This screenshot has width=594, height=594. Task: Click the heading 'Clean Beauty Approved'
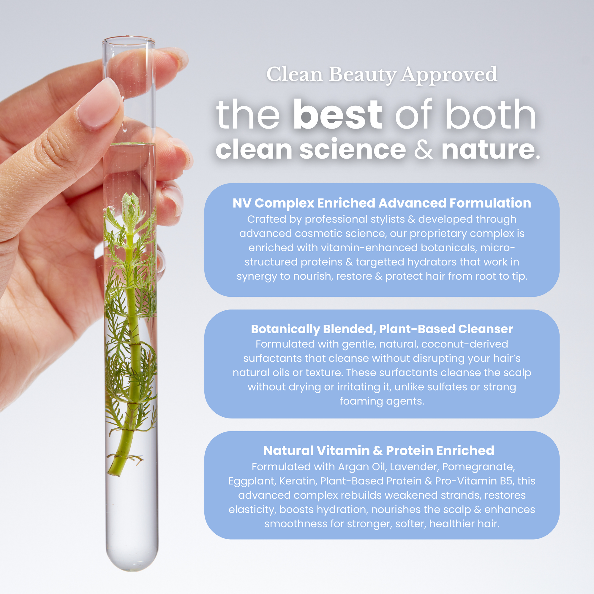click(x=382, y=75)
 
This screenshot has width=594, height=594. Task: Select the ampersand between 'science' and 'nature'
click(x=424, y=149)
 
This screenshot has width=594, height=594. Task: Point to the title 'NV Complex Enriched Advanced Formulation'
click(x=382, y=203)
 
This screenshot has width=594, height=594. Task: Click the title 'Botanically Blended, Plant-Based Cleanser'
click(x=382, y=329)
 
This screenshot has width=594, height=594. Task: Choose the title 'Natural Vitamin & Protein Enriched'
click(x=379, y=451)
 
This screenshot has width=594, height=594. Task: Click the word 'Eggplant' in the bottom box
click(x=252, y=481)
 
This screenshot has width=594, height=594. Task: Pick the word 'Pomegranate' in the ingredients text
click(x=478, y=467)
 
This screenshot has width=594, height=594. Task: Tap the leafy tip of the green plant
click(x=131, y=203)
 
